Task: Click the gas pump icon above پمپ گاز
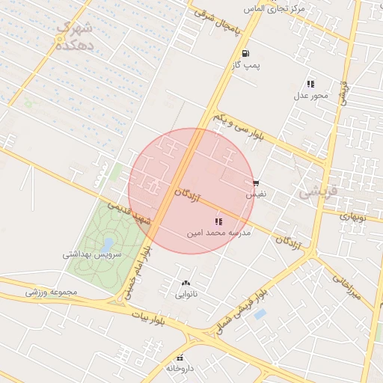[x=245, y=52]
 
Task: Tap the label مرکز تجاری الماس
[x=281, y=8]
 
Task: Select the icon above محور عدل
[x=310, y=83]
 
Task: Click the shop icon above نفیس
[x=256, y=183]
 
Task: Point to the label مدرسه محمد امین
[x=219, y=233]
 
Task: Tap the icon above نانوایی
[x=186, y=283]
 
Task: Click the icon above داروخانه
[x=180, y=358]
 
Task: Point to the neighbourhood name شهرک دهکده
[x=75, y=36]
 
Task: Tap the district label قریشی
[x=319, y=191]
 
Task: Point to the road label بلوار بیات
[x=147, y=319]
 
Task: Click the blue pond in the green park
[x=108, y=245]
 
